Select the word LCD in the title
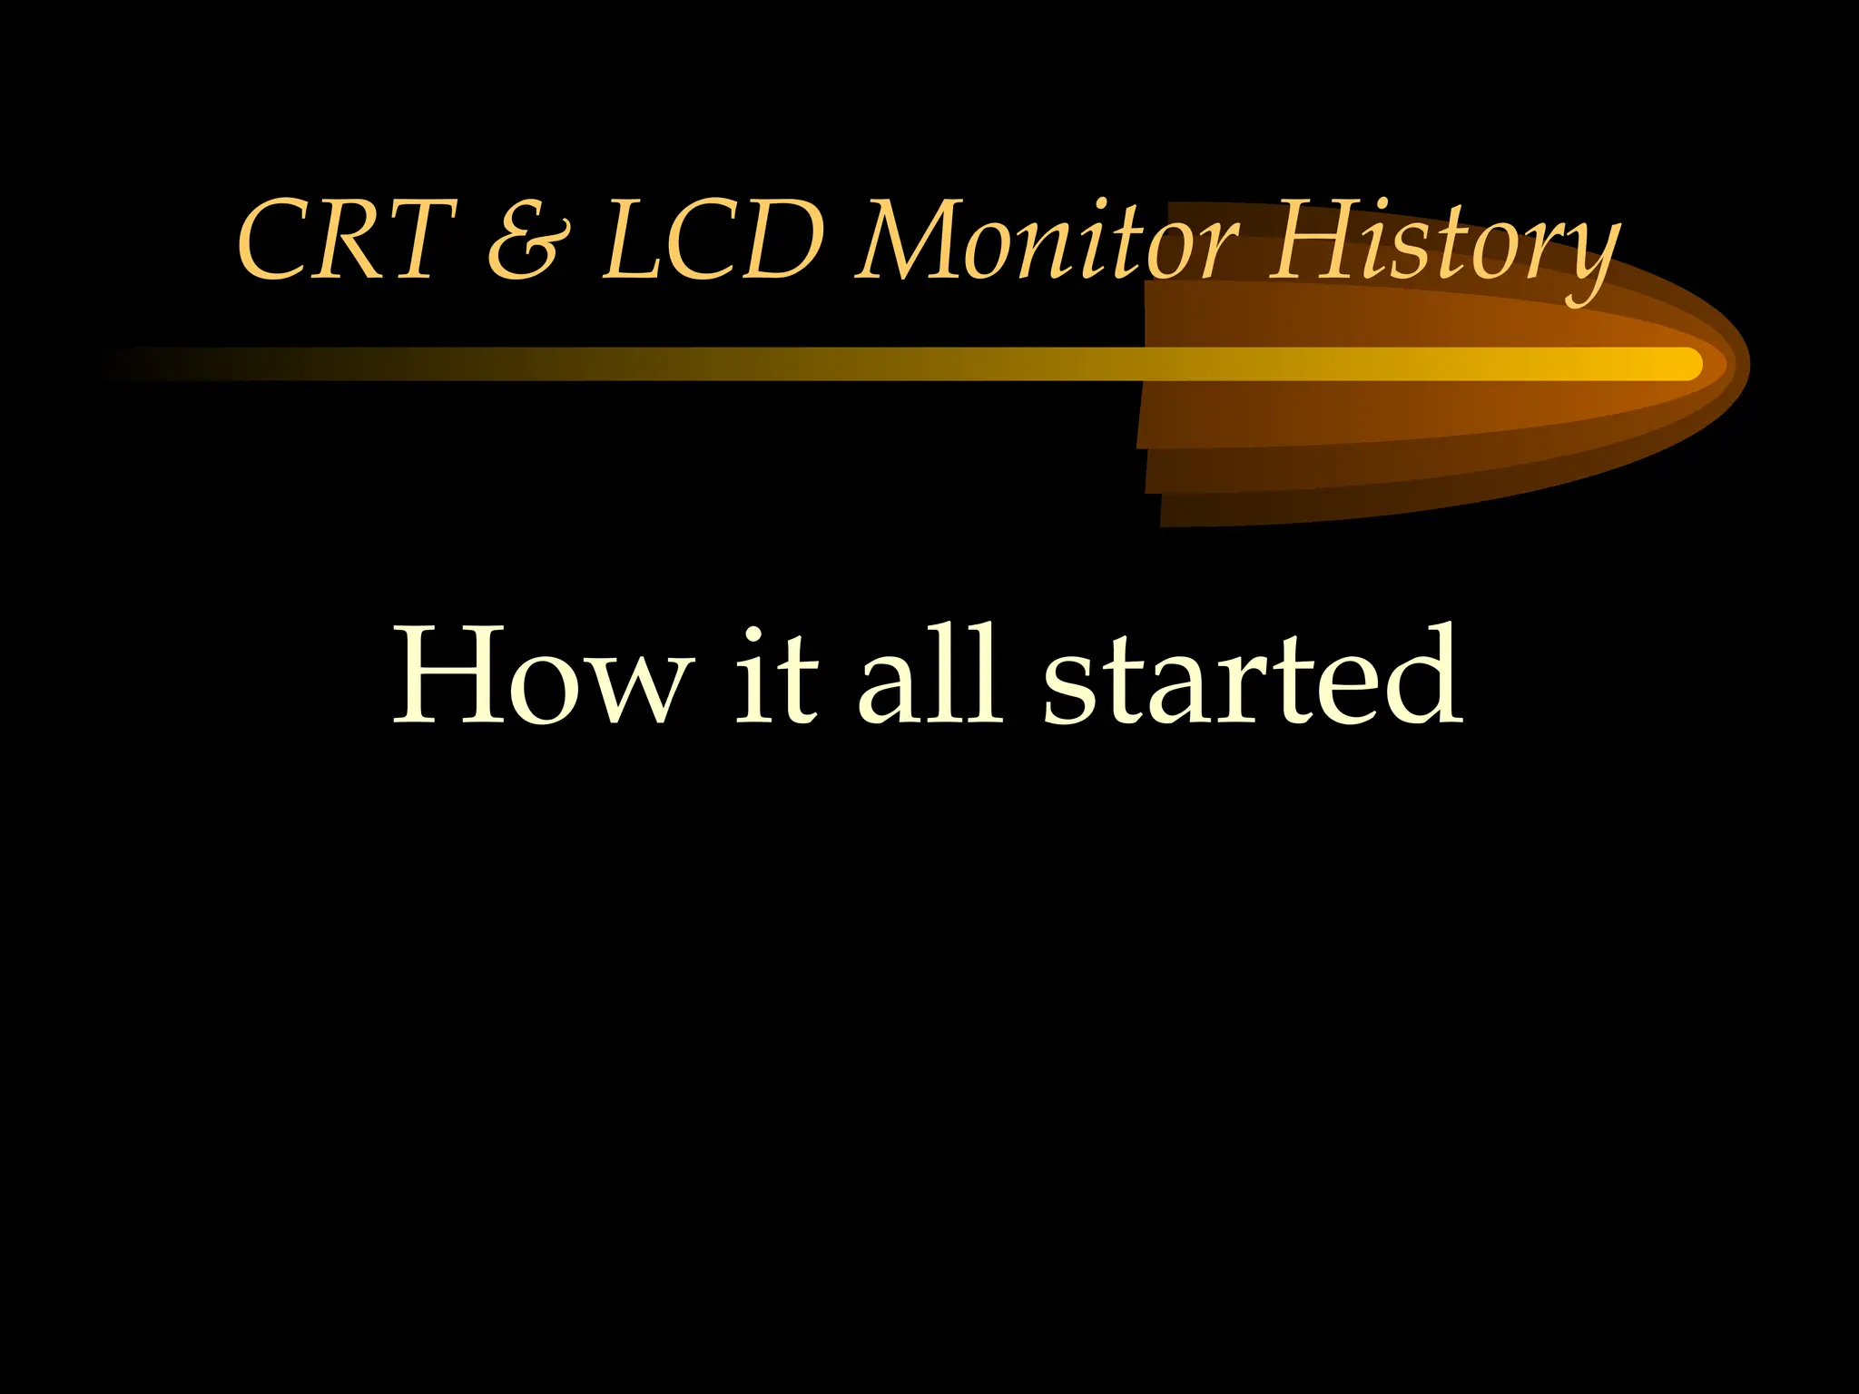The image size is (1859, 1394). pos(713,241)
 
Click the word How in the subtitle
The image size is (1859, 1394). pos(539,675)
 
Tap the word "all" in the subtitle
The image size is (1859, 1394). pos(931,675)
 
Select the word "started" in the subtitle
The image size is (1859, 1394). pos(1253,677)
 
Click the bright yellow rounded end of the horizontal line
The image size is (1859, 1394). pos(1688,364)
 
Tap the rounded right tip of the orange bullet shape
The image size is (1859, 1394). pos(1745,364)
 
